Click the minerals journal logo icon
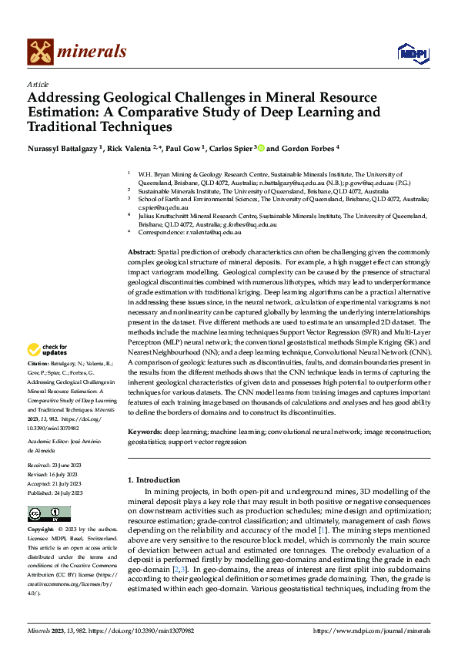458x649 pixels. (x=40, y=52)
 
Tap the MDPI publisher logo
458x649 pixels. (x=409, y=52)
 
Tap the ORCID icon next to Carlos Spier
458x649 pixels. (x=261, y=148)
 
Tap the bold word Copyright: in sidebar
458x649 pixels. (x=41, y=530)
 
